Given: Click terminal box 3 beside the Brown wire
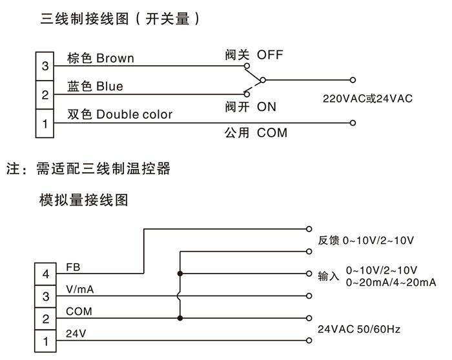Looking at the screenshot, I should click(x=45, y=66).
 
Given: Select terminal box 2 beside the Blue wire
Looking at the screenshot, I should click(x=45, y=94).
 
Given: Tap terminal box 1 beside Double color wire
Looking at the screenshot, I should click(x=45, y=123).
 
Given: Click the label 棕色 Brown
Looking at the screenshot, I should click(x=101, y=58).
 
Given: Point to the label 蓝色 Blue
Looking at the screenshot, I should click(x=95, y=86).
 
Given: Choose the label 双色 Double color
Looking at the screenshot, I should click(x=120, y=115).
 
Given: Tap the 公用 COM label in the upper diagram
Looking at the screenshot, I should click(x=256, y=133).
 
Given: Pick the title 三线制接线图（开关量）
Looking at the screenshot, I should click(x=120, y=19).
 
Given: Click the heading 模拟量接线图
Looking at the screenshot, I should click(x=84, y=201).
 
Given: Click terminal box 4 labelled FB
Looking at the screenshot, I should click(x=45, y=274).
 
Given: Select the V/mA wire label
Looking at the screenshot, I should click(x=80, y=290).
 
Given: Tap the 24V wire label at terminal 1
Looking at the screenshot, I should click(x=75, y=333).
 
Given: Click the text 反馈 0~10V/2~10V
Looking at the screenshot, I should click(x=365, y=240).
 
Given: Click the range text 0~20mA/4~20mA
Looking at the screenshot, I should click(x=391, y=283).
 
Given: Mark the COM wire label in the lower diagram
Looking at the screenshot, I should click(x=79, y=312).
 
